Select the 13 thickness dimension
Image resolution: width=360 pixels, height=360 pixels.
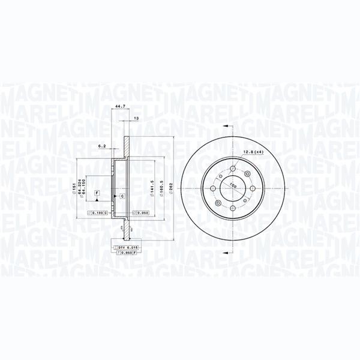137,118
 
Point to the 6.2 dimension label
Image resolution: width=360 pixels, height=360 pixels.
103,145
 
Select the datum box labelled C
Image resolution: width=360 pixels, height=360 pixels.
122,196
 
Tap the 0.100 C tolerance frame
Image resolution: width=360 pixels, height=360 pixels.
98,213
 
